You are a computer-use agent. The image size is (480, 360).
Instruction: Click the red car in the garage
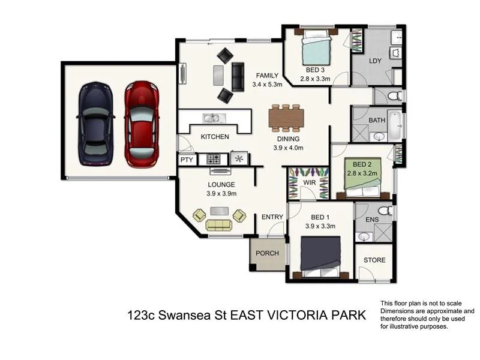click(142, 125)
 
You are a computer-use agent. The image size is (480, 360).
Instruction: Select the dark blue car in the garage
click(95, 124)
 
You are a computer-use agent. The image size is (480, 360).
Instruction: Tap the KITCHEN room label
click(214, 137)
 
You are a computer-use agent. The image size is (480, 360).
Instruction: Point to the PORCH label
click(267, 253)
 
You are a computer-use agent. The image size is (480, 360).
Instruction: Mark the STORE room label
click(374, 260)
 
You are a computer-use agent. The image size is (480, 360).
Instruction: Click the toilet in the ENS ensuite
click(387, 211)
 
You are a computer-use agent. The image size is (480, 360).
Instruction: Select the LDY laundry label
click(376, 61)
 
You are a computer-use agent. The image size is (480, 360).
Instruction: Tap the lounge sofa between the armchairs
click(218, 225)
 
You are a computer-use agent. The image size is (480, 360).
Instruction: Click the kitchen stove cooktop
click(214, 159)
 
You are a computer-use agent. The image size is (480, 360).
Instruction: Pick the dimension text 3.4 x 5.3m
click(267, 85)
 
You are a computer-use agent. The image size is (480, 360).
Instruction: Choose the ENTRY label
click(272, 217)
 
